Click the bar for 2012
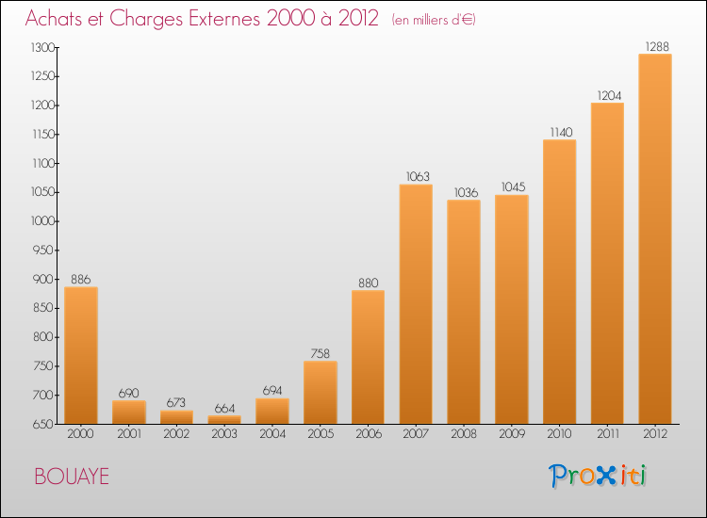click(x=655, y=239)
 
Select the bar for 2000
click(x=81, y=355)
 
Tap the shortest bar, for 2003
click(x=224, y=420)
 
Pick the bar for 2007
click(x=416, y=304)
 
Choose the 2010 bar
click(x=559, y=282)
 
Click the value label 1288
click(x=655, y=45)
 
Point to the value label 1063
click(x=416, y=175)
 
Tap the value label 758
click(x=321, y=352)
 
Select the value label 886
click(x=81, y=279)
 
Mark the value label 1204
click(x=607, y=94)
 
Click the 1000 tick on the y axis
click(x=42, y=221)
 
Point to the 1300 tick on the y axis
click(x=42, y=47)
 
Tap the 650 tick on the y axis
click(x=44, y=424)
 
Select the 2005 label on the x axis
click(x=321, y=434)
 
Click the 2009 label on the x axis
click(x=512, y=434)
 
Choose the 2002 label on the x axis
click(x=176, y=434)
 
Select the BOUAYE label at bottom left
click(x=72, y=477)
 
